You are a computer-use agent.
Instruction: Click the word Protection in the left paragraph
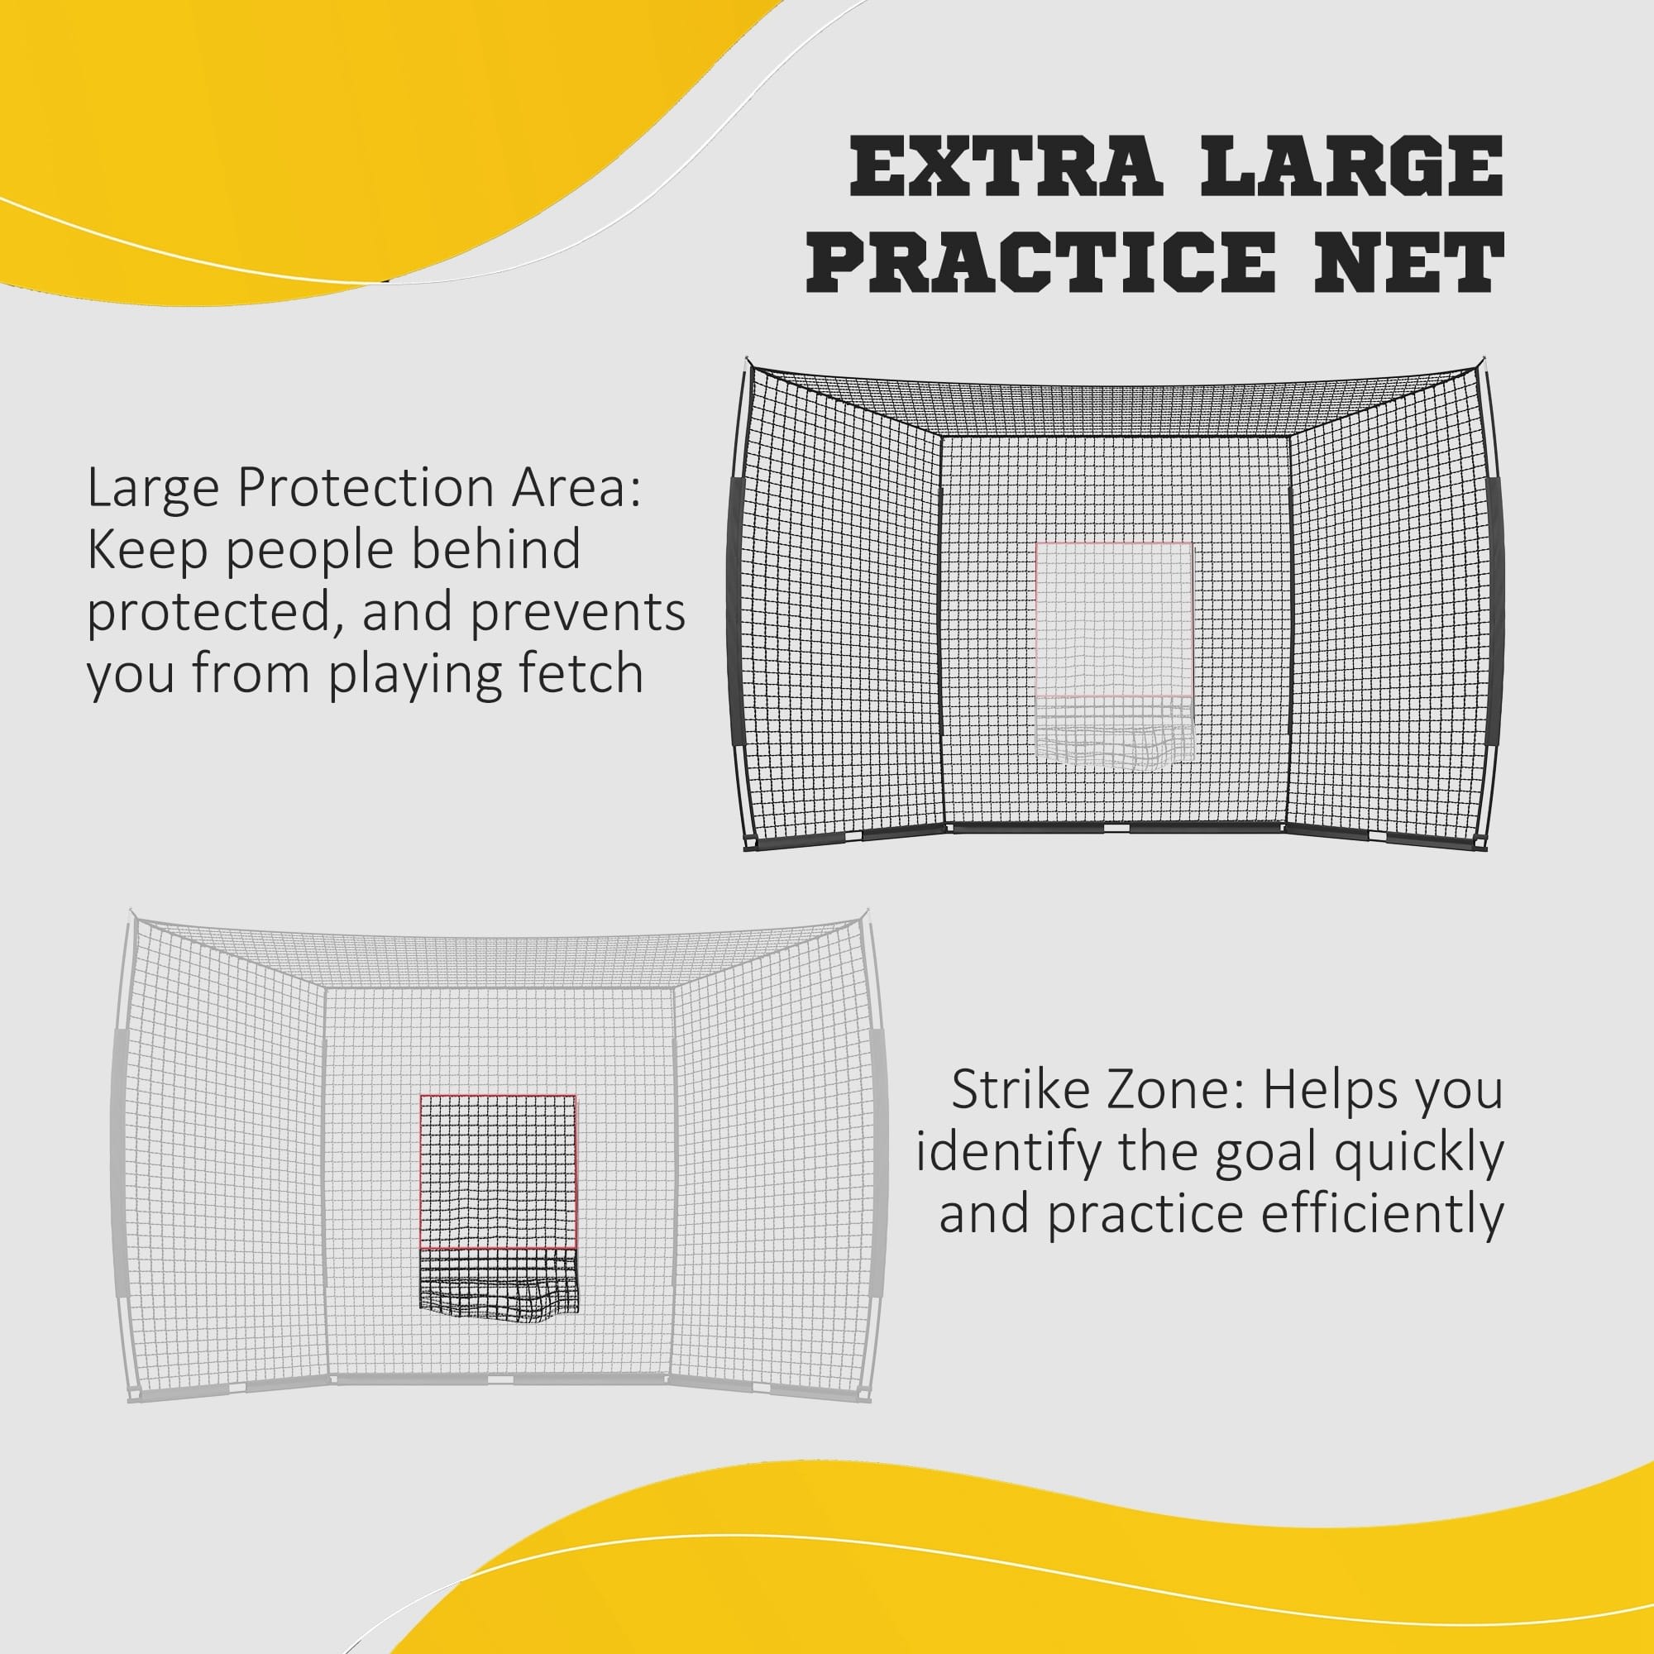point(366,490)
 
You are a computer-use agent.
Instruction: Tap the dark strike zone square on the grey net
point(498,1170)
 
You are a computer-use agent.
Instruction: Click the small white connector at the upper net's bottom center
point(1116,829)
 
